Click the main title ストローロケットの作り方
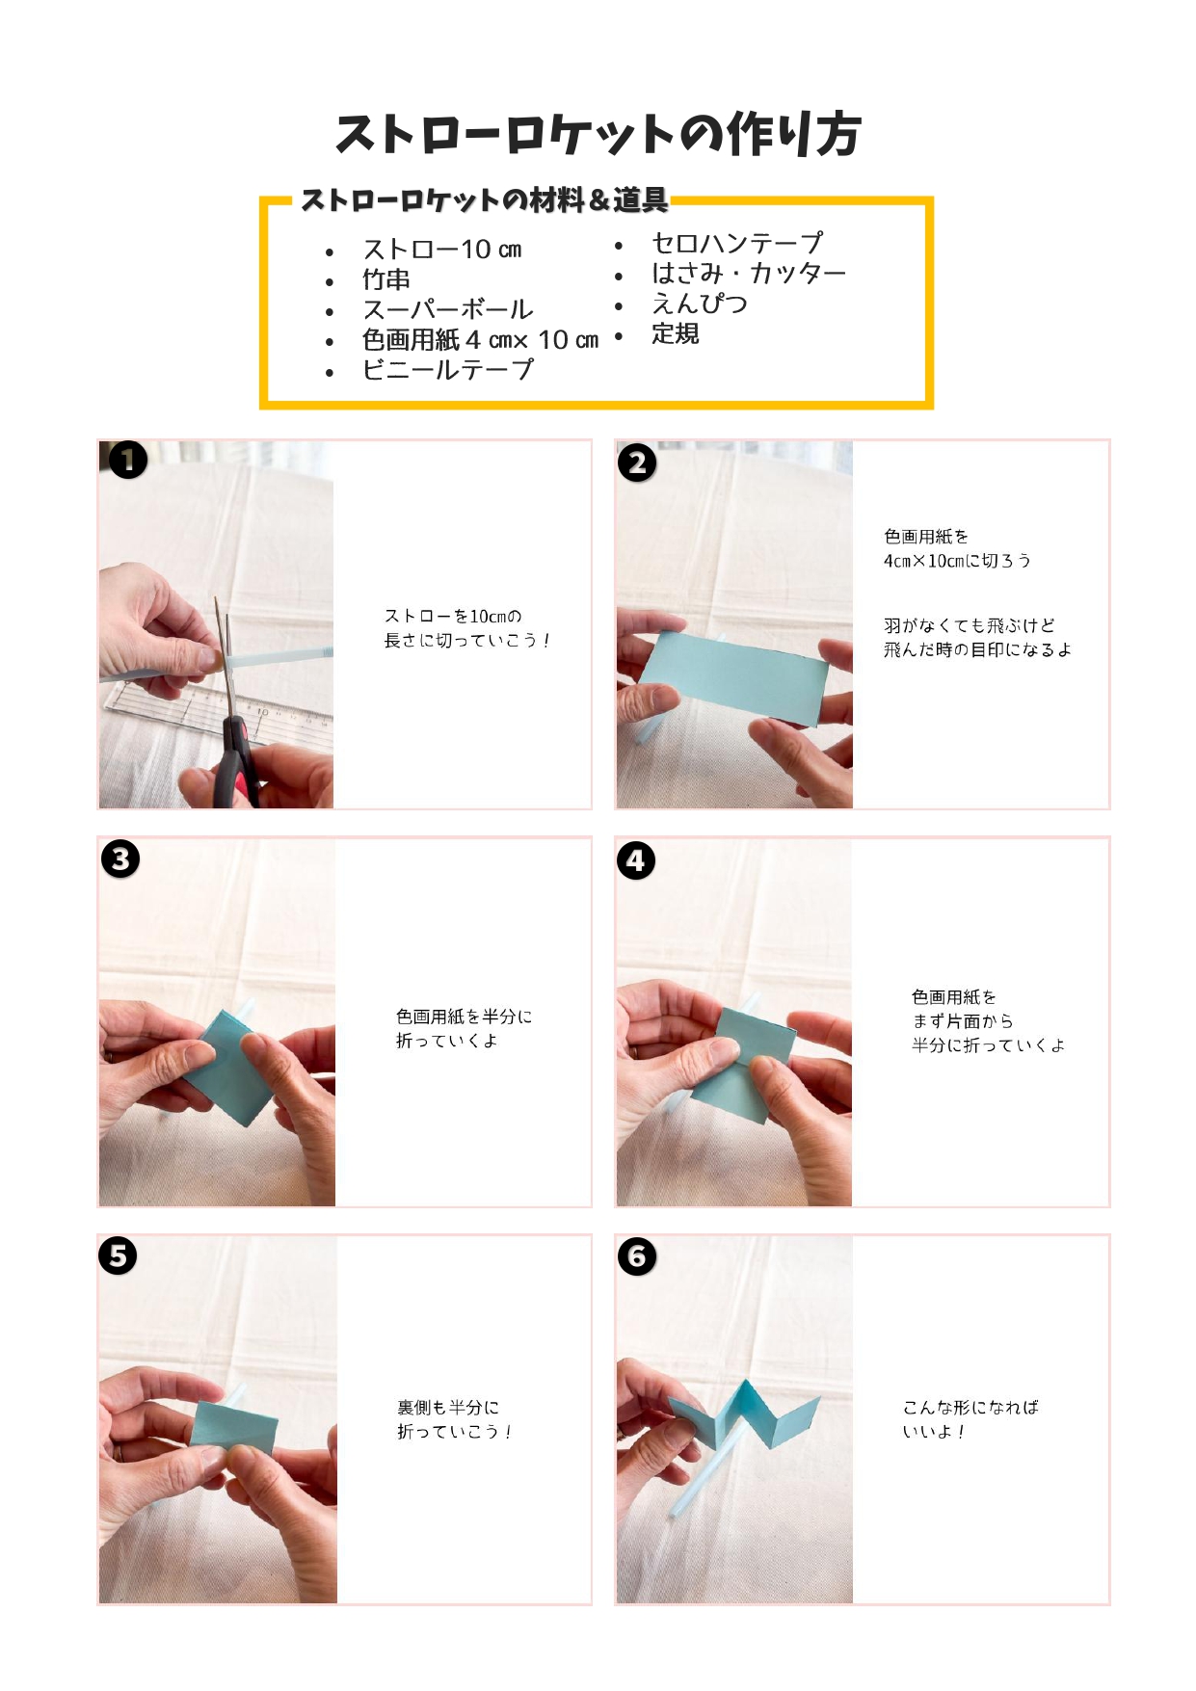tap(598, 134)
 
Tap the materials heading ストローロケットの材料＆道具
tap(484, 199)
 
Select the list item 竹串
tap(386, 279)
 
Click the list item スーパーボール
tap(447, 309)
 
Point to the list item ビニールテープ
tap(447, 369)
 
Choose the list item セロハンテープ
tap(737, 243)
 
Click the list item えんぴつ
tap(700, 304)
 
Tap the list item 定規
tap(676, 333)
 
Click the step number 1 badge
tap(128, 461)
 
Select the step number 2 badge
tap(637, 462)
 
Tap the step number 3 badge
tap(120, 859)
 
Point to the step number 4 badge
tap(636, 860)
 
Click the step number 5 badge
tap(118, 1255)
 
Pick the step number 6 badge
tap(637, 1256)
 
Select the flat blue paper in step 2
tap(733, 678)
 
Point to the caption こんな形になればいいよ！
tap(970, 1419)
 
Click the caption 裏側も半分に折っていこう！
tap(455, 1419)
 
